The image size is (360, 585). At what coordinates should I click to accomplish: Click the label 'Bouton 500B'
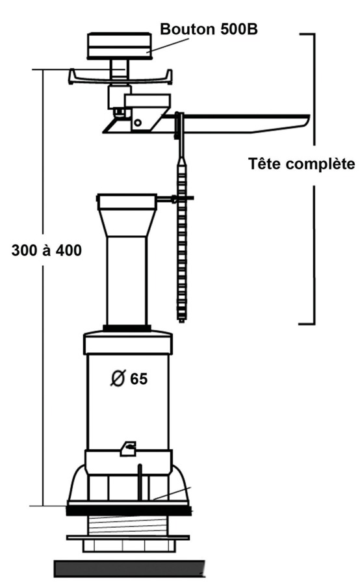pos(209,29)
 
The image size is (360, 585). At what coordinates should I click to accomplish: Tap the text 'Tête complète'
pos(302,164)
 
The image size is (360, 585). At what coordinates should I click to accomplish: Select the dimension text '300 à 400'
pos(46,250)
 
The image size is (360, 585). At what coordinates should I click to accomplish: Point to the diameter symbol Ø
pos(118,378)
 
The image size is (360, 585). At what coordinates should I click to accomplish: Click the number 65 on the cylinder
pos(138,379)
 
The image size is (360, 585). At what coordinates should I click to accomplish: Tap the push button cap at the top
pos(120,46)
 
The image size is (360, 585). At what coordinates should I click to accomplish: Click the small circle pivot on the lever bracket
pos(138,122)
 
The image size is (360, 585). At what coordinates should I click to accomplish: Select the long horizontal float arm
pos(242,123)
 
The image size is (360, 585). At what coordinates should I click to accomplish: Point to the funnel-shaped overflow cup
pos(126,215)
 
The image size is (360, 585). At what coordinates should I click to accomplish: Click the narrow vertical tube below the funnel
pos(126,281)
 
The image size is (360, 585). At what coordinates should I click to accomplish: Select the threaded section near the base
pos(127,525)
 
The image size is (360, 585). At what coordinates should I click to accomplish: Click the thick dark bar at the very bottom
pos(129,568)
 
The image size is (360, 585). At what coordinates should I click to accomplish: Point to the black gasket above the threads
pos(129,510)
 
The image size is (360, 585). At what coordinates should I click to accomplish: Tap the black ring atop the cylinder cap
pos(127,328)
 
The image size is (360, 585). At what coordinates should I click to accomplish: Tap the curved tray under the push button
pos(120,78)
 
